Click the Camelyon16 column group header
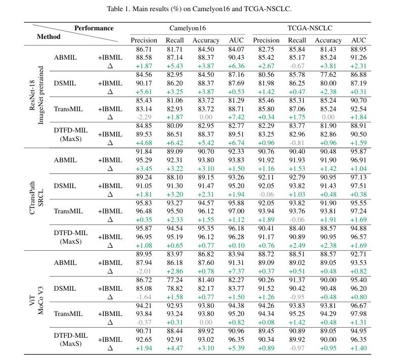click(188, 28)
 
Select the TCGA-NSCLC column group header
click(310, 28)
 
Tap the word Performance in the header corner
click(94, 28)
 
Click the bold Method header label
click(49, 37)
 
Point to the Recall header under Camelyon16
click(175, 40)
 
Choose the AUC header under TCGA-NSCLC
click(358, 40)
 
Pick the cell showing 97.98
click(358, 313)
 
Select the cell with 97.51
click(358, 186)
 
